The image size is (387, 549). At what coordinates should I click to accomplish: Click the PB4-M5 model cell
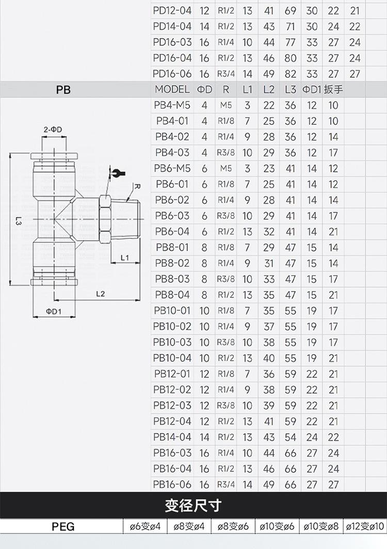(x=172, y=105)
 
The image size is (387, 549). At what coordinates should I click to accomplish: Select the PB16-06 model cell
(x=172, y=484)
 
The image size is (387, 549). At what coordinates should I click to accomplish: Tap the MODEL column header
(x=172, y=89)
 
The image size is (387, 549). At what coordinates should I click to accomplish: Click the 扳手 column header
(x=333, y=89)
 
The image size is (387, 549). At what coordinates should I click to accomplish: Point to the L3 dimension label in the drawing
(x=19, y=221)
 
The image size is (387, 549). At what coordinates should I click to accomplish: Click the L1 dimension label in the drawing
(x=125, y=257)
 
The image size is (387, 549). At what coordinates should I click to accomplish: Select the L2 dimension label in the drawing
(x=100, y=294)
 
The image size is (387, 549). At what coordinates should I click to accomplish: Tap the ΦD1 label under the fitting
(x=54, y=311)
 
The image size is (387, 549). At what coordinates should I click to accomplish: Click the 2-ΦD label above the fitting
(x=53, y=129)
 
